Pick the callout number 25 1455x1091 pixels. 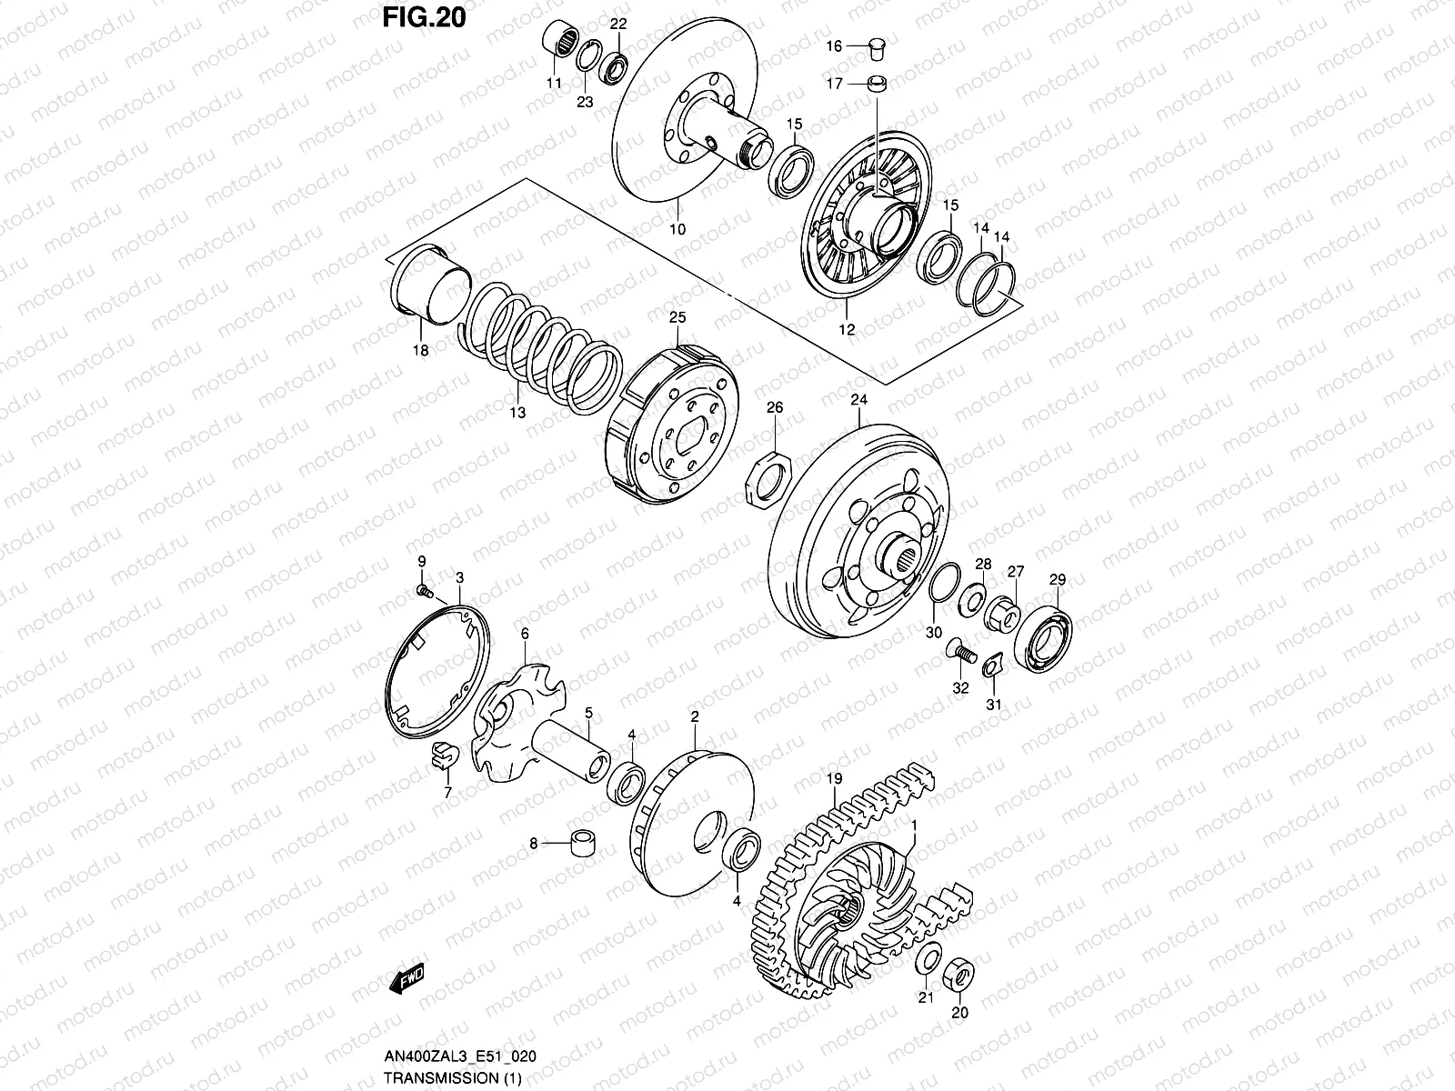677,317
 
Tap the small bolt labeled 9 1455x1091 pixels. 424,591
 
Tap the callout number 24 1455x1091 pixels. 859,399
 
